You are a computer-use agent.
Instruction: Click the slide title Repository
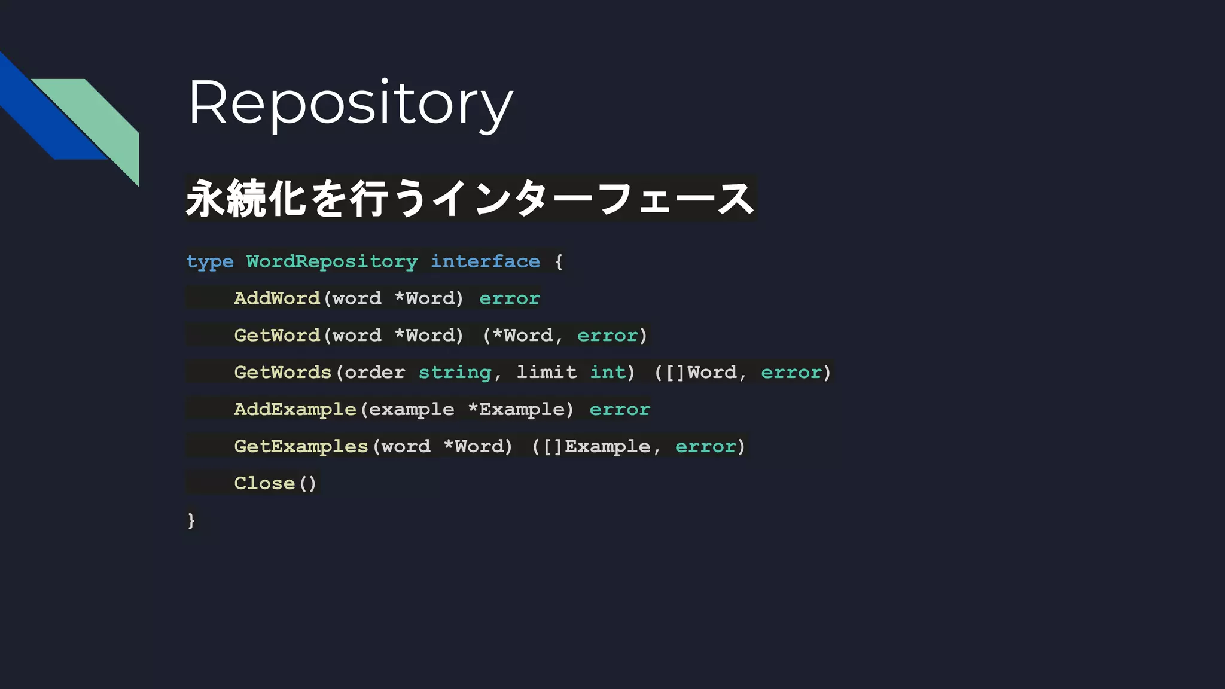click(351, 103)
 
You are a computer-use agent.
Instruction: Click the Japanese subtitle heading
click(470, 199)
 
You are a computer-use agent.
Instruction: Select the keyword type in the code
click(209, 262)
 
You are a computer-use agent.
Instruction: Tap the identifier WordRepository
click(332, 262)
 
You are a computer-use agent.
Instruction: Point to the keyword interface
click(485, 262)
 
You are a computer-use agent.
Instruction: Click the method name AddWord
click(277, 298)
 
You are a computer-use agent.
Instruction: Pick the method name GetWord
click(277, 336)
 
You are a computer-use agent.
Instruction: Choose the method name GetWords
click(282, 373)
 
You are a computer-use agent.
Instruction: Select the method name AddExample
click(295, 410)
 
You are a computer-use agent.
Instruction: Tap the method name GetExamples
click(301, 447)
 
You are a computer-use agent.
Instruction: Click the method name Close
click(264, 483)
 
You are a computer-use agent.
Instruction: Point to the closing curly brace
click(191, 520)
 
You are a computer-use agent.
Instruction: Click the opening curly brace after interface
click(559, 262)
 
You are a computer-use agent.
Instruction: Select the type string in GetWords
click(455, 373)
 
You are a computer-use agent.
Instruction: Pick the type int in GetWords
click(608, 373)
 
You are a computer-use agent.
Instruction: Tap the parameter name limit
click(547, 373)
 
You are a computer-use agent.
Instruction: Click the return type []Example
click(596, 447)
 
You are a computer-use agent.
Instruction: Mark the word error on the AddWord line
click(510, 298)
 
